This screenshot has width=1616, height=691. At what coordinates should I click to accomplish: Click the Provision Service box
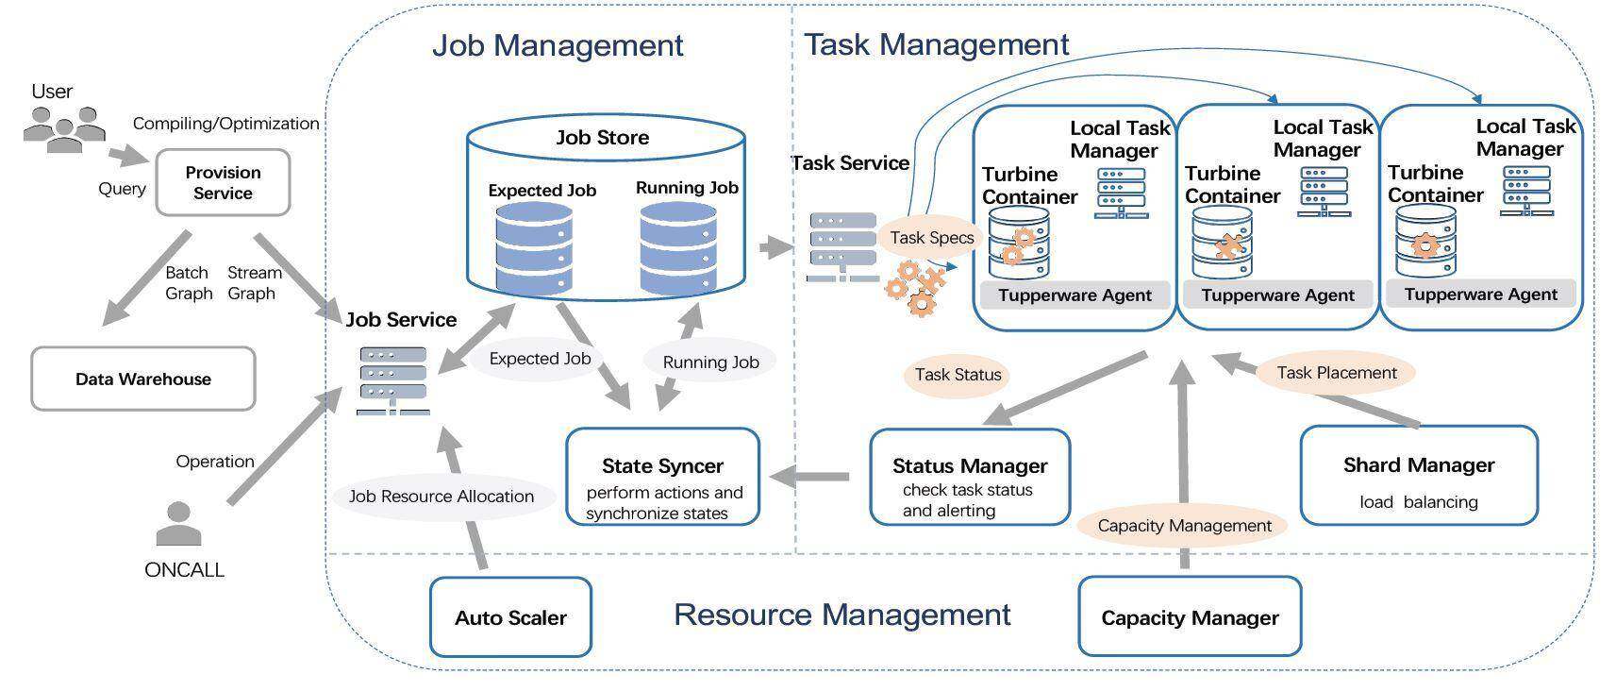coord(223,183)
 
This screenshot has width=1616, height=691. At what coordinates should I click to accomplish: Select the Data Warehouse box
coord(143,379)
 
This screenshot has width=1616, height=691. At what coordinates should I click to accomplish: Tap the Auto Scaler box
coord(510,617)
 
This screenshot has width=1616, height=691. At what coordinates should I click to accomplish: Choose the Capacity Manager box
coord(1190,616)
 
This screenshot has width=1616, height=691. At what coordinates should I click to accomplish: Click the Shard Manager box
coord(1419,476)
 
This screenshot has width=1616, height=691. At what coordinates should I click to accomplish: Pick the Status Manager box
coord(970,478)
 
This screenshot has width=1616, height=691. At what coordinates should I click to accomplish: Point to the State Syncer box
coord(663,478)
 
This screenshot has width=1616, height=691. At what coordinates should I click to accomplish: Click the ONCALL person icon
coord(179,524)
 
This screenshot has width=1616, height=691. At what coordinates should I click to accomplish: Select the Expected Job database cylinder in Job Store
coord(534,249)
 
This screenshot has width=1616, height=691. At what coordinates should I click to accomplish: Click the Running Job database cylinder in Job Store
coord(678,248)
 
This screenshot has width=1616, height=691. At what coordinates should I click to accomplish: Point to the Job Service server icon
coord(393,381)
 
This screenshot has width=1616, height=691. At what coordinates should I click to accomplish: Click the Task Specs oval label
coord(931,238)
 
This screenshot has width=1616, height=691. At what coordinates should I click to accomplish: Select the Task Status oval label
coord(958,375)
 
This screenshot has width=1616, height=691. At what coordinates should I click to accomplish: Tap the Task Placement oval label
coord(1337,373)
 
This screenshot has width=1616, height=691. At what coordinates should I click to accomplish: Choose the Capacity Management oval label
coord(1184,526)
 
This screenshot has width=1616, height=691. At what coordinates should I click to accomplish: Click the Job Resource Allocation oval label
coord(441,497)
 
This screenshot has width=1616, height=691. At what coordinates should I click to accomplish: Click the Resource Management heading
coord(841,615)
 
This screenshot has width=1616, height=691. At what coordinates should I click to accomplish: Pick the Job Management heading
coord(558,45)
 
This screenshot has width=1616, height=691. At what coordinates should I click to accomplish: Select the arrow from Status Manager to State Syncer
coord(809,477)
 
